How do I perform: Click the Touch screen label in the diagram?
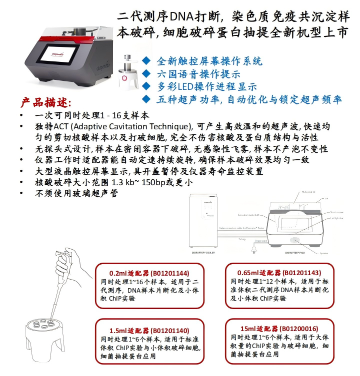coord(336,212)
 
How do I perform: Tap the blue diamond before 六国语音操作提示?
coord(146,73)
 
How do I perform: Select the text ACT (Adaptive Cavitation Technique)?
coord(115,126)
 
